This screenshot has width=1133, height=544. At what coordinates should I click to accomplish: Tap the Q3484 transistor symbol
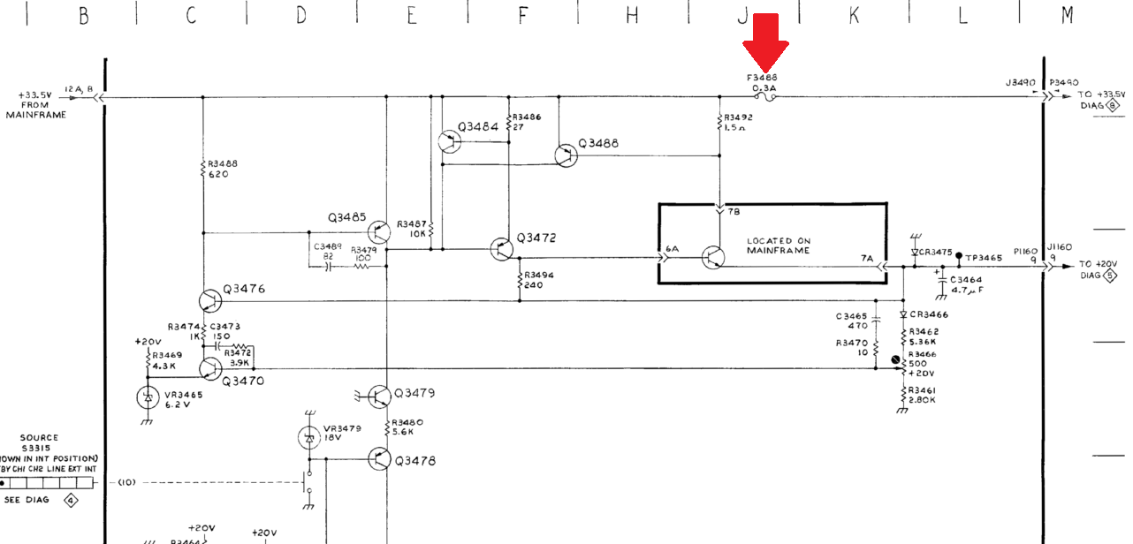coord(449,140)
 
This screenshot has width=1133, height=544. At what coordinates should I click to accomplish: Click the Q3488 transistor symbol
coord(566,155)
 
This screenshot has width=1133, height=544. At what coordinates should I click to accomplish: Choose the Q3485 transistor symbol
coord(379,232)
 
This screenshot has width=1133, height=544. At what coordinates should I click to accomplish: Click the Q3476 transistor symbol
coord(210,301)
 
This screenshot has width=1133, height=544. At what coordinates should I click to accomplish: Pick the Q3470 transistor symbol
coord(210,368)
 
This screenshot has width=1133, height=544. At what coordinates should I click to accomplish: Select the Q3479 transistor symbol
coord(379,397)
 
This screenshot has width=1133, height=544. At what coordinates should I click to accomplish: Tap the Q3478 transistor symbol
coord(379,459)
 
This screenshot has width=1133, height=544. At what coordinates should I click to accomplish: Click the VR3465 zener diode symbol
coord(147,397)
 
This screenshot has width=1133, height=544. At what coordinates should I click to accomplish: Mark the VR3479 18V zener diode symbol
coord(309,437)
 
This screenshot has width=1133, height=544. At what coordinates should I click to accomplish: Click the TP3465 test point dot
coord(959,256)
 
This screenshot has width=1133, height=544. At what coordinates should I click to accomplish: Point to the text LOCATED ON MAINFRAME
coord(778,246)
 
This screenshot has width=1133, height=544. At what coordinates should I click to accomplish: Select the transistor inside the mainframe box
coord(712,257)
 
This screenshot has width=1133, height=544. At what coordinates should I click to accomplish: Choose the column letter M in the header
coord(1068,15)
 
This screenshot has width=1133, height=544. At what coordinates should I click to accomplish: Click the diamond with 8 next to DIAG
coord(1113,105)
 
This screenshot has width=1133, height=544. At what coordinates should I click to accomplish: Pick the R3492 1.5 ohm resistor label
coord(739,122)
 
